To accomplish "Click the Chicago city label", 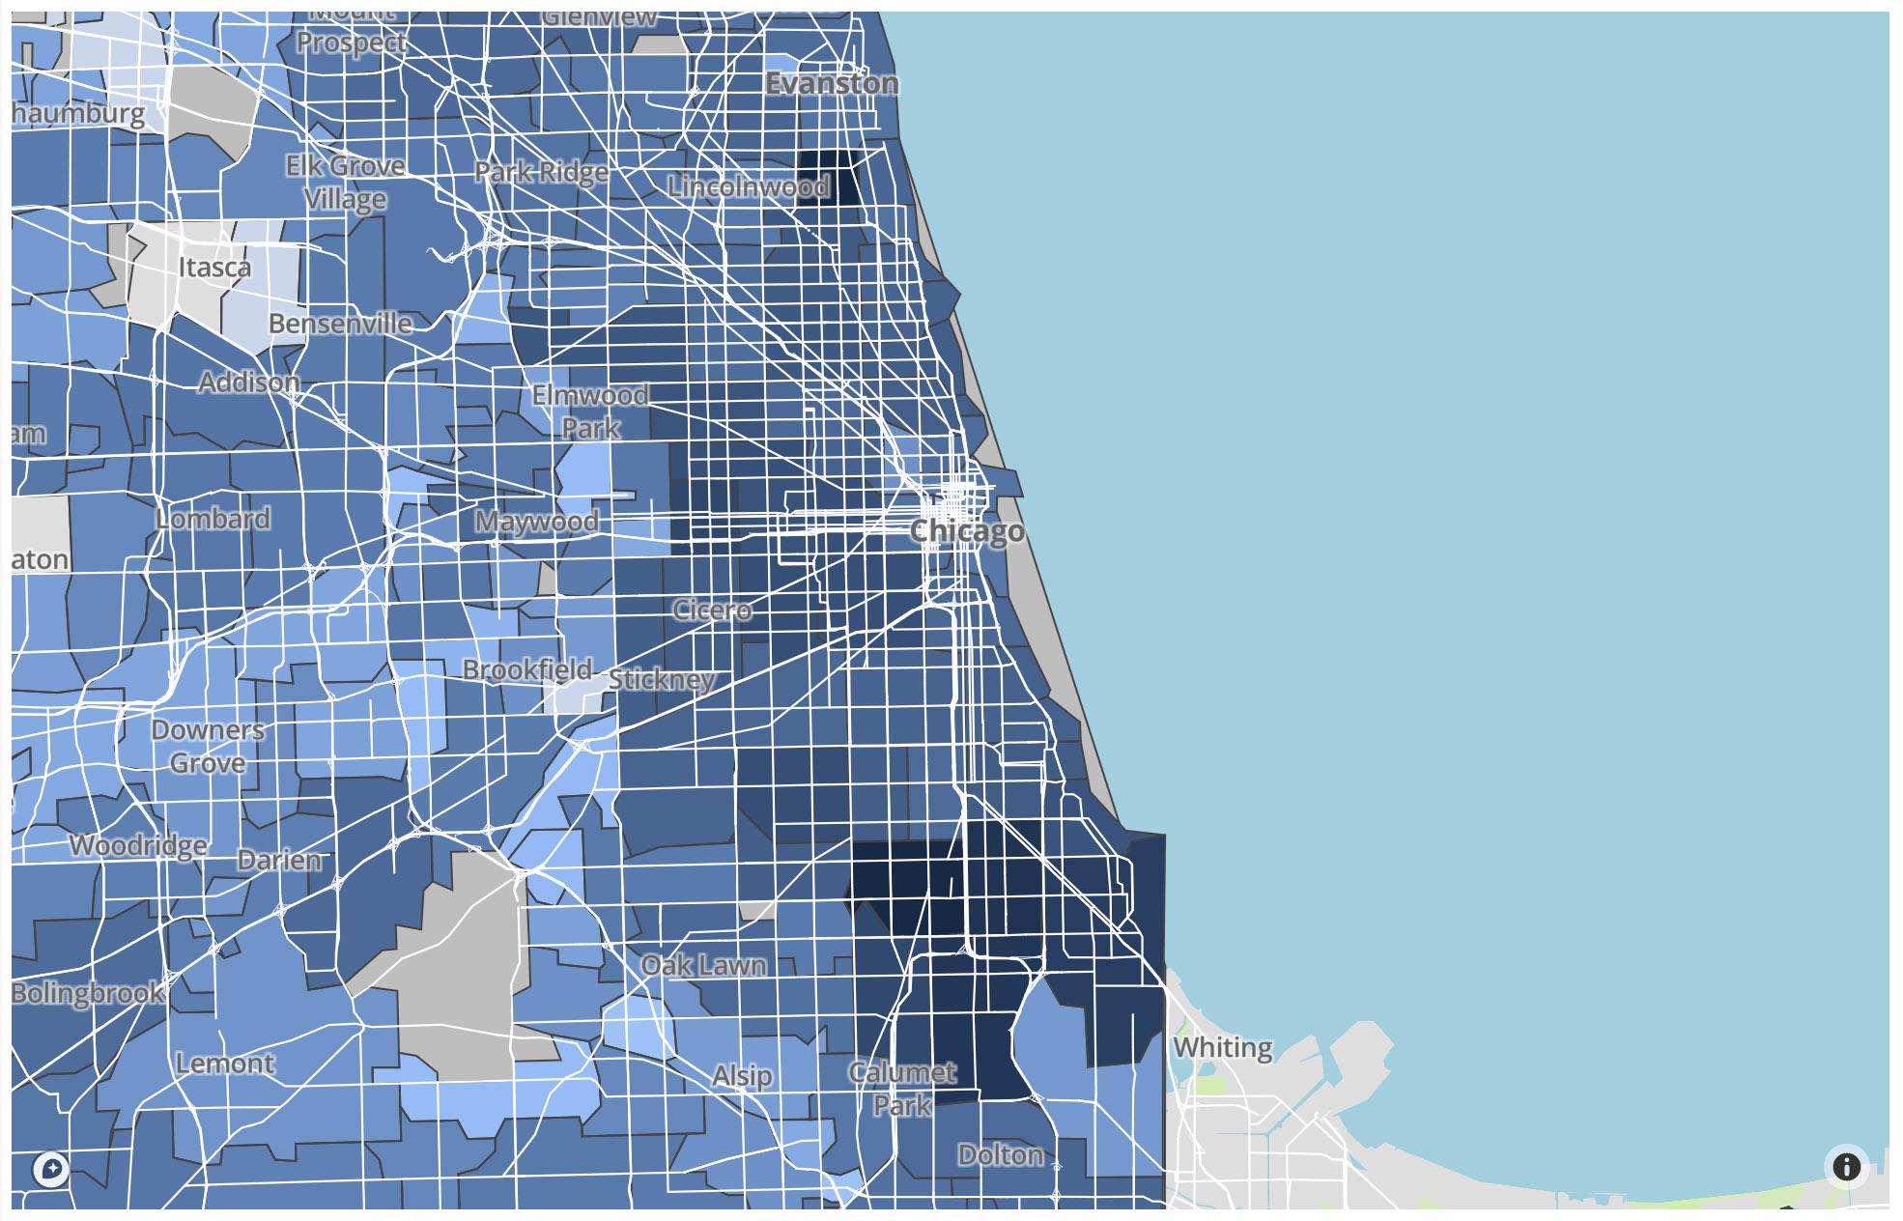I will [967, 531].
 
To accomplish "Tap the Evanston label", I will [832, 84].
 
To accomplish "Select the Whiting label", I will [1222, 1047].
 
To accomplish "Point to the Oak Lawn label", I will [703, 965].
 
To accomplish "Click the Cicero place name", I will [712, 610].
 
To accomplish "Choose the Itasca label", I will [214, 267].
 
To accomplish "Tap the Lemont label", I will [225, 1064].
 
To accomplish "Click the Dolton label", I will [1001, 1154].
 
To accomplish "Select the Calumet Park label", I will [902, 1089].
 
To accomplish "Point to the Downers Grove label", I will [207, 746].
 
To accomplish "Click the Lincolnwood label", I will [749, 185].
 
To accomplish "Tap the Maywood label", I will [536, 522].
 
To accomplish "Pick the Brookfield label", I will [526, 669].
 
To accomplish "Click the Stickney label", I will [662, 680].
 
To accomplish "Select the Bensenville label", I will [340, 324].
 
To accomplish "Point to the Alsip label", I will [742, 1075].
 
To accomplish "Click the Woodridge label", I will [138, 845].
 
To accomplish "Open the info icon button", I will [1846, 1167].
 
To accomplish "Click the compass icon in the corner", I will [51, 1170].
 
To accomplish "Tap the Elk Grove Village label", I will [345, 183].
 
